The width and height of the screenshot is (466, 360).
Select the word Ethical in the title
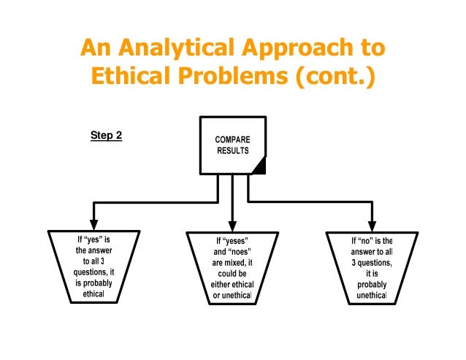tap(133, 77)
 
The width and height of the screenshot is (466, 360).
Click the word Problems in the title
tap(234, 77)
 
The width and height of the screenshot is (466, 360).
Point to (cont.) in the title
tap(335, 77)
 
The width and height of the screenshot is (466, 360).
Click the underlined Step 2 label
tap(105, 135)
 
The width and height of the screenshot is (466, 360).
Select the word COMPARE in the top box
tap(232, 139)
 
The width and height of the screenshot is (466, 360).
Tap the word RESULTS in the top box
tap(232, 150)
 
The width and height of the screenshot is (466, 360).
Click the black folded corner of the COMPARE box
tap(258, 169)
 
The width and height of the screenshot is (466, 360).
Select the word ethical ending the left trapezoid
tap(93, 295)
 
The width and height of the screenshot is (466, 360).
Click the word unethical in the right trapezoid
tap(371, 296)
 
